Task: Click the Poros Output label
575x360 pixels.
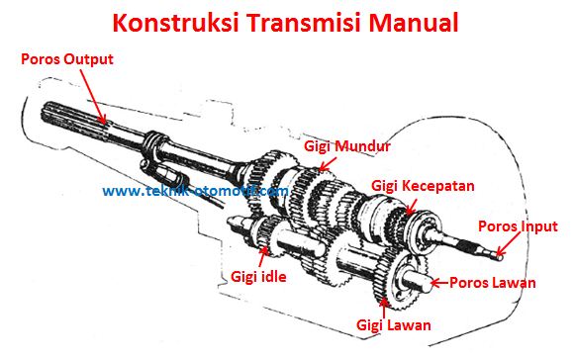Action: coord(67,59)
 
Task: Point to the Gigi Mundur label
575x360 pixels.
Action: coord(347,146)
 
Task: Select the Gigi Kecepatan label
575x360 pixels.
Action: coord(423,186)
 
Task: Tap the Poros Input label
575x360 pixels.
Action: coord(518,226)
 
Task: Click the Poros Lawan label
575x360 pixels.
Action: coord(493,283)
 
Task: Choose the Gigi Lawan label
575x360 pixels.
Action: coord(394,325)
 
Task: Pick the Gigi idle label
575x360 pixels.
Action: coord(258,276)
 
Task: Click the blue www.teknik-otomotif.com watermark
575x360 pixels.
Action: coord(195,191)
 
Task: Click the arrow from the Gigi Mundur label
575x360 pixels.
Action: coord(328,164)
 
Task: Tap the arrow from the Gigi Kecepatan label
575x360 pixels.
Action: coord(412,207)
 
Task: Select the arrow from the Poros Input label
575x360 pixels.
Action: coord(508,243)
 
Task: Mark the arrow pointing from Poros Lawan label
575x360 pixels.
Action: coord(439,283)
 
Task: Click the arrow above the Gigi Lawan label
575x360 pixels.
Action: coord(384,308)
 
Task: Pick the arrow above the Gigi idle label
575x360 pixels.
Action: coord(262,257)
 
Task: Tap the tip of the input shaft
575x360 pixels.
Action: coord(500,256)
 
